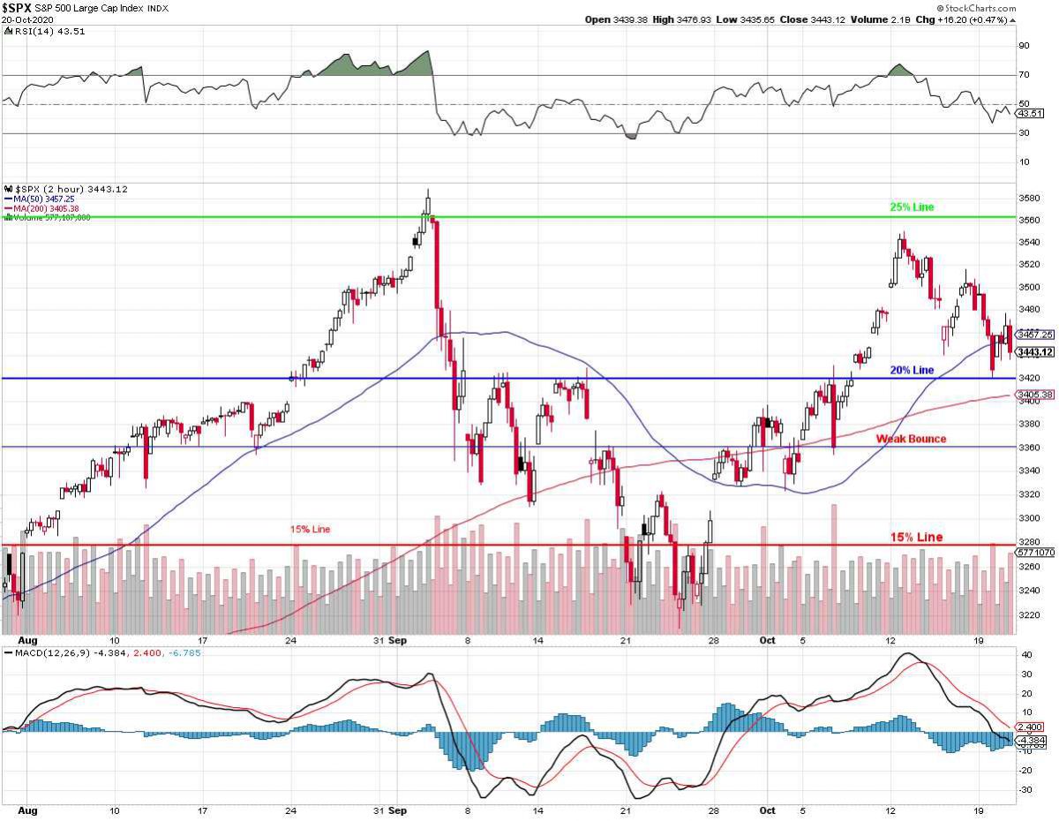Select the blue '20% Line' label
pyautogui.click(x=911, y=370)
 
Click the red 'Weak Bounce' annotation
pyautogui.click(x=910, y=439)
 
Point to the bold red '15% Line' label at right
pyautogui.click(x=916, y=537)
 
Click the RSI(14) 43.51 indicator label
pyautogui.click(x=36, y=32)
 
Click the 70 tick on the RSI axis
pyautogui.click(x=1024, y=76)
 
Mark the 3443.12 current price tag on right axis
pyautogui.click(x=1035, y=352)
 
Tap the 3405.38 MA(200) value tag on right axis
pyautogui.click(x=1035, y=395)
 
